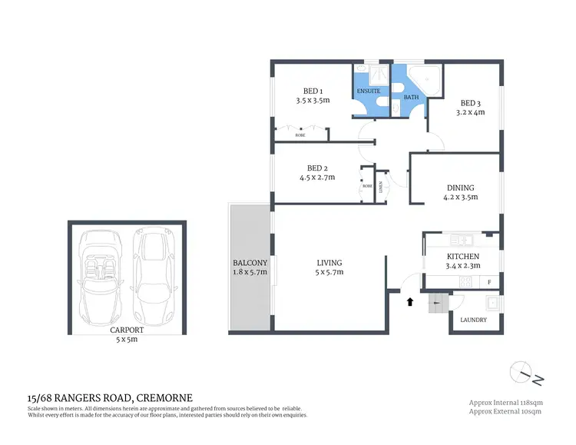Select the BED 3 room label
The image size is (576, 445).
tap(470, 103)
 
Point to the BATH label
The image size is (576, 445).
tap(412, 98)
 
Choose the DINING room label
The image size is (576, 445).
tap(461, 188)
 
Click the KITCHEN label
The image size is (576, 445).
tap(463, 257)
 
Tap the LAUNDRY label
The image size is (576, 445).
tap(473, 320)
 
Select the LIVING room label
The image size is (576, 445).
tap(329, 263)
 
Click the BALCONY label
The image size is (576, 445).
tap(250, 263)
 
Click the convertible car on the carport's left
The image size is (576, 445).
tap(103, 277)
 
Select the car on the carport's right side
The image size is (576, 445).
tap(152, 277)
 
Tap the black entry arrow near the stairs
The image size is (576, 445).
tap(409, 301)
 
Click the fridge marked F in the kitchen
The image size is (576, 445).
tap(489, 282)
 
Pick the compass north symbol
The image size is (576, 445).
tap(524, 372)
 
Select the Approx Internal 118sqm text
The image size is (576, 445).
tap(507, 402)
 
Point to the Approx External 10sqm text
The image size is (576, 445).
tap(507, 412)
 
